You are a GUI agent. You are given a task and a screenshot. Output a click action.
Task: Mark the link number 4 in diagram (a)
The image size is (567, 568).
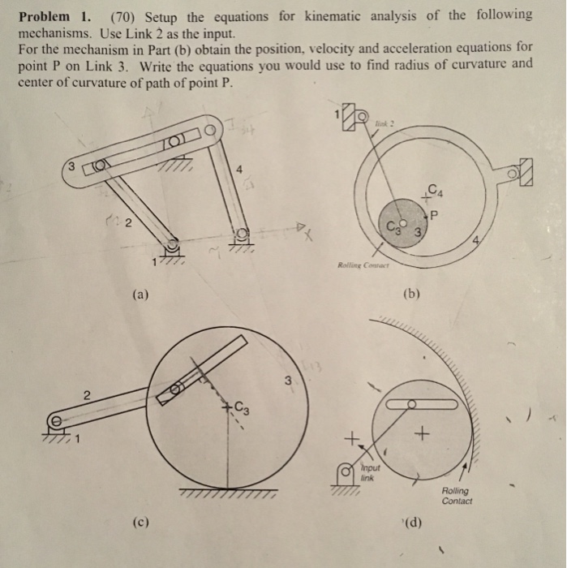tap(238, 170)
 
